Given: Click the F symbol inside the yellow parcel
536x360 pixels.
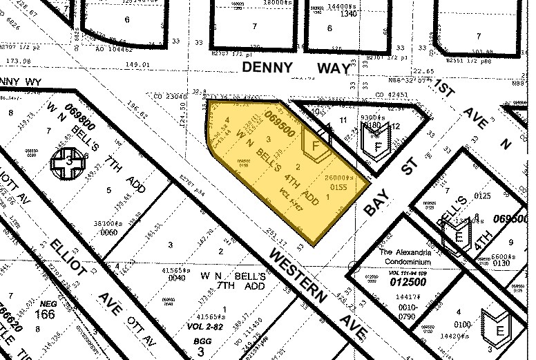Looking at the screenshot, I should tap(317, 146).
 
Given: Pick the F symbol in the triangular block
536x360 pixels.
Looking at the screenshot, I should tap(377, 147).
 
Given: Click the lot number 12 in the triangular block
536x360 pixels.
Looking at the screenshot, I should tap(395, 126).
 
